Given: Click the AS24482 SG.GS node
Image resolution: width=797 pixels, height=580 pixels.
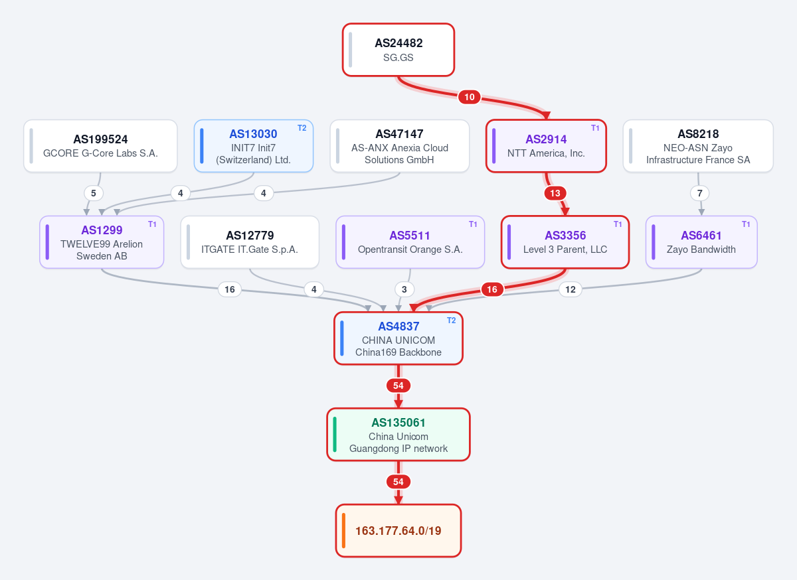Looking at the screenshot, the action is coord(398,50).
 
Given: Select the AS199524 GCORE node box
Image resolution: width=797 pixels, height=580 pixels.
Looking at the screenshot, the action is coord(100,146).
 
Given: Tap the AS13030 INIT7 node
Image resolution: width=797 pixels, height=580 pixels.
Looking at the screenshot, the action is coord(253,146).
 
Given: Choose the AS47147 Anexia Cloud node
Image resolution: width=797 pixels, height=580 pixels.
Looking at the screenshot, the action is coord(400,146).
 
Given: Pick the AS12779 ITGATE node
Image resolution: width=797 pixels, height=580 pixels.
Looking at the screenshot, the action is coord(250,242).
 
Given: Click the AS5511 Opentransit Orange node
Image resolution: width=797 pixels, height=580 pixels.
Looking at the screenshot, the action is coord(410,242).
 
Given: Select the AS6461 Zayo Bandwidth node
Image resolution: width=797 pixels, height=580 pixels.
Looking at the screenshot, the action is coord(701,242).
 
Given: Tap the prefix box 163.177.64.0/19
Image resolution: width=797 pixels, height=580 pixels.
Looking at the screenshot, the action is coord(398,531).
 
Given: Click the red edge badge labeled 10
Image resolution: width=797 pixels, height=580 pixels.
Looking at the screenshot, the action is coord(470,97).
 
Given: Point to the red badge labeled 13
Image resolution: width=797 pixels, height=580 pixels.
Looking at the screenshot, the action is coord(555,193).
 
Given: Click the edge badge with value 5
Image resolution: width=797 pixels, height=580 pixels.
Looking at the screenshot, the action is coord(94,193).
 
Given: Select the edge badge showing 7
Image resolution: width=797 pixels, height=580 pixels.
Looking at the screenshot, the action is coord(699,193).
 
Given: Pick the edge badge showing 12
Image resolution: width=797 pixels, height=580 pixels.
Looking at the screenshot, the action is coord(571,289).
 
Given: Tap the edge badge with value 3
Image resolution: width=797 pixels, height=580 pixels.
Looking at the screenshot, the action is coord(404,289).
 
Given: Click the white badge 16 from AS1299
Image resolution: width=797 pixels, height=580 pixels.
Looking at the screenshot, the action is coord(230,289).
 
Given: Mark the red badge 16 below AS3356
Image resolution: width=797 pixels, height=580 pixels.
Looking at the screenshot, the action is coord(492,289).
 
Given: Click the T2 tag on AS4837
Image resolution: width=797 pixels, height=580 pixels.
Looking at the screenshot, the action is coord(451,321).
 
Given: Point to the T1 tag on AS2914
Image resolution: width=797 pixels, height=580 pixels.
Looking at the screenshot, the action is coord(595,128).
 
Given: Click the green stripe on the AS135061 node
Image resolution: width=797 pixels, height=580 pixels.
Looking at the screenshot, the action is coord(335,435).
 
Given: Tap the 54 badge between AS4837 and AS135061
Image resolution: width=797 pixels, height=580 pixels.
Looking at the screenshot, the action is coord(398,386).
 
